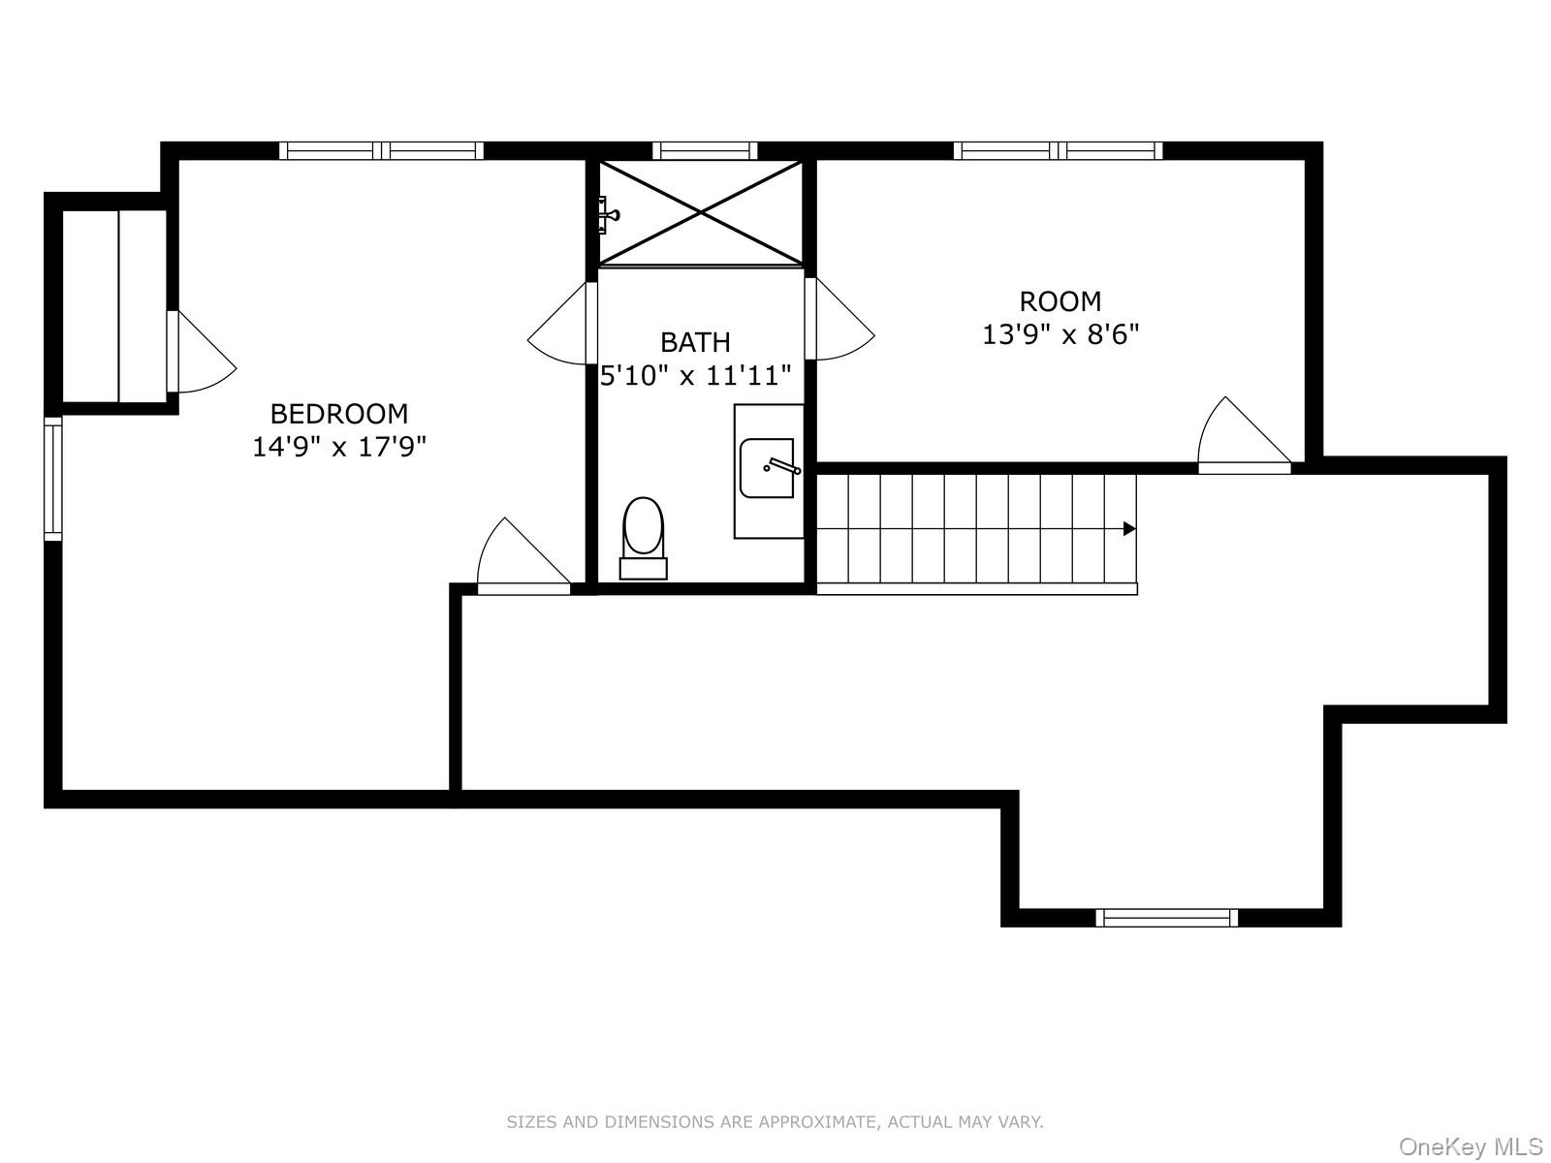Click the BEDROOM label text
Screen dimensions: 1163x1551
(338, 414)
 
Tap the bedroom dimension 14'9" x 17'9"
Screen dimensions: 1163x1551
(339, 447)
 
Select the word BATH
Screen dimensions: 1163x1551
(695, 342)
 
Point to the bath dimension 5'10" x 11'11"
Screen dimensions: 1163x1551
(696, 375)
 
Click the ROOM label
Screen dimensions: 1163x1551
(1060, 301)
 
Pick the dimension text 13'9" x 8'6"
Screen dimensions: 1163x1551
(1060, 335)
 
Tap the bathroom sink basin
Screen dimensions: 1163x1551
(767, 468)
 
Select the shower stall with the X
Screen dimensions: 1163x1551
(700, 212)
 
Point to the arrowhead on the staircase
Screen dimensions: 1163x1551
(1128, 528)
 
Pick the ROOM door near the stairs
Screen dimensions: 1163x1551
(1243, 436)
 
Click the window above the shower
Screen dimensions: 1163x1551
(705, 150)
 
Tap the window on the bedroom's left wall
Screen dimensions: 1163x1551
(52, 478)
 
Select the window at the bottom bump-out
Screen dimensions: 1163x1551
(1167, 918)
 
